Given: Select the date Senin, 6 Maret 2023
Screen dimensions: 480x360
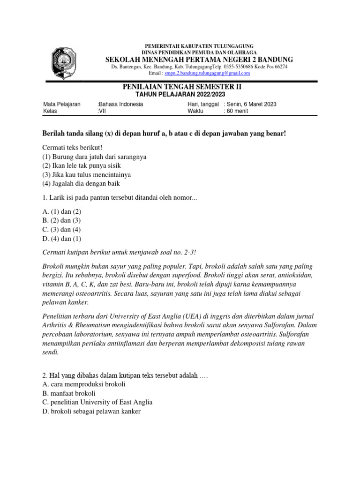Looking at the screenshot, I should coord(250,104).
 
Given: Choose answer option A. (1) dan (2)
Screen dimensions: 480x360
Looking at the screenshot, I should coord(61,212).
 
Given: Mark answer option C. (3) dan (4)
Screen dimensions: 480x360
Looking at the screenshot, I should coord(61,230).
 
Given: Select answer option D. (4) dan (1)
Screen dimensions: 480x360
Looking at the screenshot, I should coord(61,239).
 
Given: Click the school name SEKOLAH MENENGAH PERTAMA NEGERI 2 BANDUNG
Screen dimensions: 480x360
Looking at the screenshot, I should coord(199,60).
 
